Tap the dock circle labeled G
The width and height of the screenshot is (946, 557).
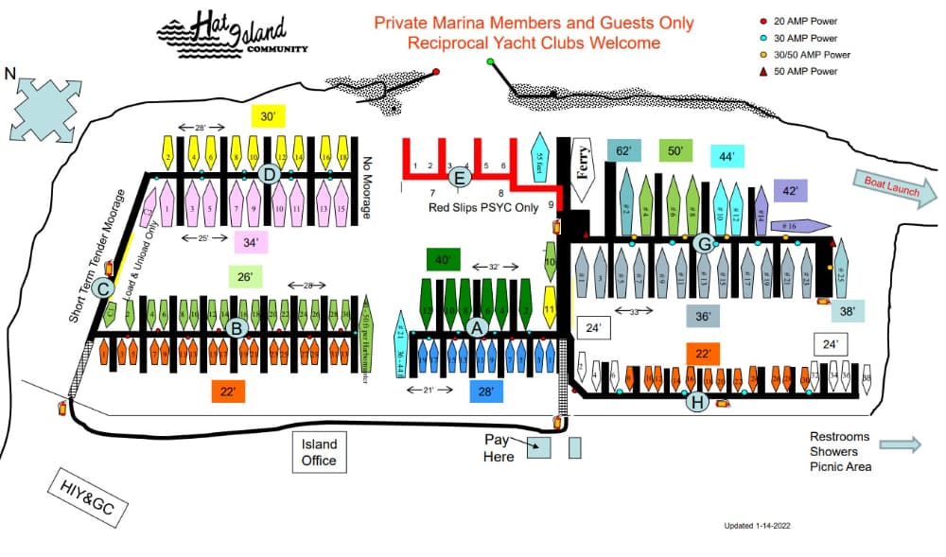pyautogui.click(x=703, y=243)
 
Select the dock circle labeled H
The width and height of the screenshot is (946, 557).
pyautogui.click(x=697, y=402)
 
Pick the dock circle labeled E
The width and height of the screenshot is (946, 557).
pyautogui.click(x=461, y=177)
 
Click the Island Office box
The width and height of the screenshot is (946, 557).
pyautogui.click(x=319, y=452)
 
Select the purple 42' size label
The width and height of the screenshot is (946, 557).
pyautogui.click(x=790, y=190)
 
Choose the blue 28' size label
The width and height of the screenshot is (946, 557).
pyautogui.click(x=485, y=391)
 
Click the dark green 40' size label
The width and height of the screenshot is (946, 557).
pyautogui.click(x=441, y=260)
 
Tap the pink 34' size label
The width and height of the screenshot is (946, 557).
pyautogui.click(x=250, y=242)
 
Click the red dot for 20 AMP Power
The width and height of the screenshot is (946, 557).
pyautogui.click(x=763, y=22)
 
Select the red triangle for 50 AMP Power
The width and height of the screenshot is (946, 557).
pyautogui.click(x=763, y=71)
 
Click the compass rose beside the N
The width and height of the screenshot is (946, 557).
pyautogui.click(x=44, y=107)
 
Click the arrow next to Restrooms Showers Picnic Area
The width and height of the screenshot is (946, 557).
pyautogui.click(x=899, y=444)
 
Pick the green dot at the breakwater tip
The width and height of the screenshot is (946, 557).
pyautogui.click(x=490, y=62)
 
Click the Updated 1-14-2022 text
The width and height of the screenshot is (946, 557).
pyautogui.click(x=757, y=526)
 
